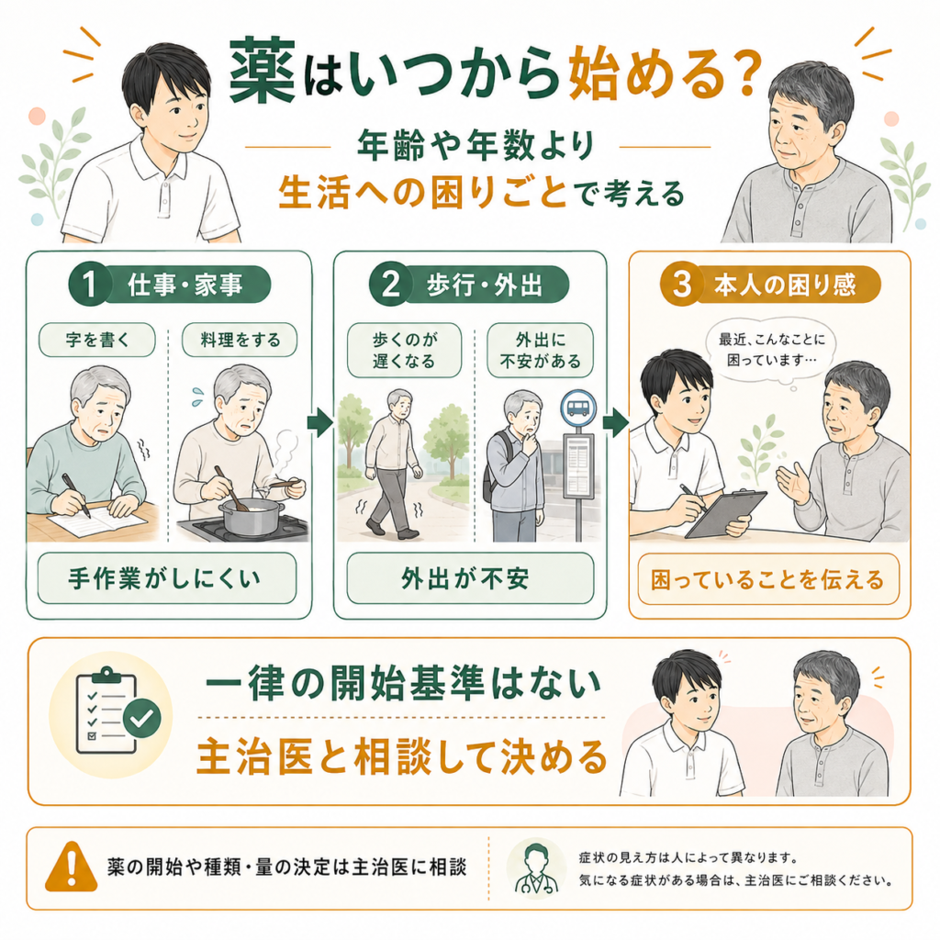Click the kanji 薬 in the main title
point(262,72)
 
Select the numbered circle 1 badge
point(89,284)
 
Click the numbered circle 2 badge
point(390,284)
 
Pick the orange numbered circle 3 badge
point(682,284)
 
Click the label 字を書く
point(97,340)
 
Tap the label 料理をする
point(240,340)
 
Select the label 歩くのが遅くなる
point(405,350)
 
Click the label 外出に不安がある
point(540,350)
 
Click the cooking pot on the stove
point(251,514)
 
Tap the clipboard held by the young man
point(726,513)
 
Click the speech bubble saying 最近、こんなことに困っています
point(772,350)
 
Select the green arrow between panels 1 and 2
point(320,422)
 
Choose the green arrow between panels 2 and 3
point(616,422)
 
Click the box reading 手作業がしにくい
point(167,578)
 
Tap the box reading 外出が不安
point(471,578)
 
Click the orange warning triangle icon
point(72,867)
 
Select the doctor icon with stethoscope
point(536,868)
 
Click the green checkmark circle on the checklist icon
point(141,718)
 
